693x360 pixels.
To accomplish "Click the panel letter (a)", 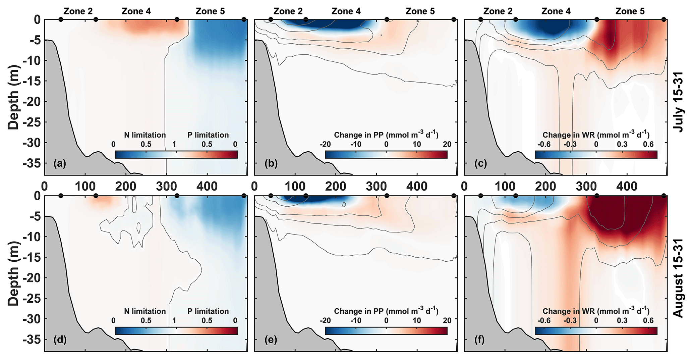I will (60, 164).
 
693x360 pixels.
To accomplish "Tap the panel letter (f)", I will (480, 340).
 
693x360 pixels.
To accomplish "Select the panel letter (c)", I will (480, 164).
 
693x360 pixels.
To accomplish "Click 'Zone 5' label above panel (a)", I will (210, 11).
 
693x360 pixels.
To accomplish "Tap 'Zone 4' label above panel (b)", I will (346, 11).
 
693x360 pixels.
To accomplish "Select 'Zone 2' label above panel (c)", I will (498, 11).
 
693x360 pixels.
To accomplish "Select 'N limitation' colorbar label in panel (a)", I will (145, 135).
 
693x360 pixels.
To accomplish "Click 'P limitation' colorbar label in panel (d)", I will (208, 311).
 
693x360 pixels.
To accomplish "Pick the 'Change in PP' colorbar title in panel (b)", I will (386, 135).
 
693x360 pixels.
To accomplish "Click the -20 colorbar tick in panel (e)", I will (325, 320).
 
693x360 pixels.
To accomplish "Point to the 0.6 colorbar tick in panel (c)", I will (648, 144).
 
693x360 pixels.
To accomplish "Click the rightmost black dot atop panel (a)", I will (244, 19).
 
